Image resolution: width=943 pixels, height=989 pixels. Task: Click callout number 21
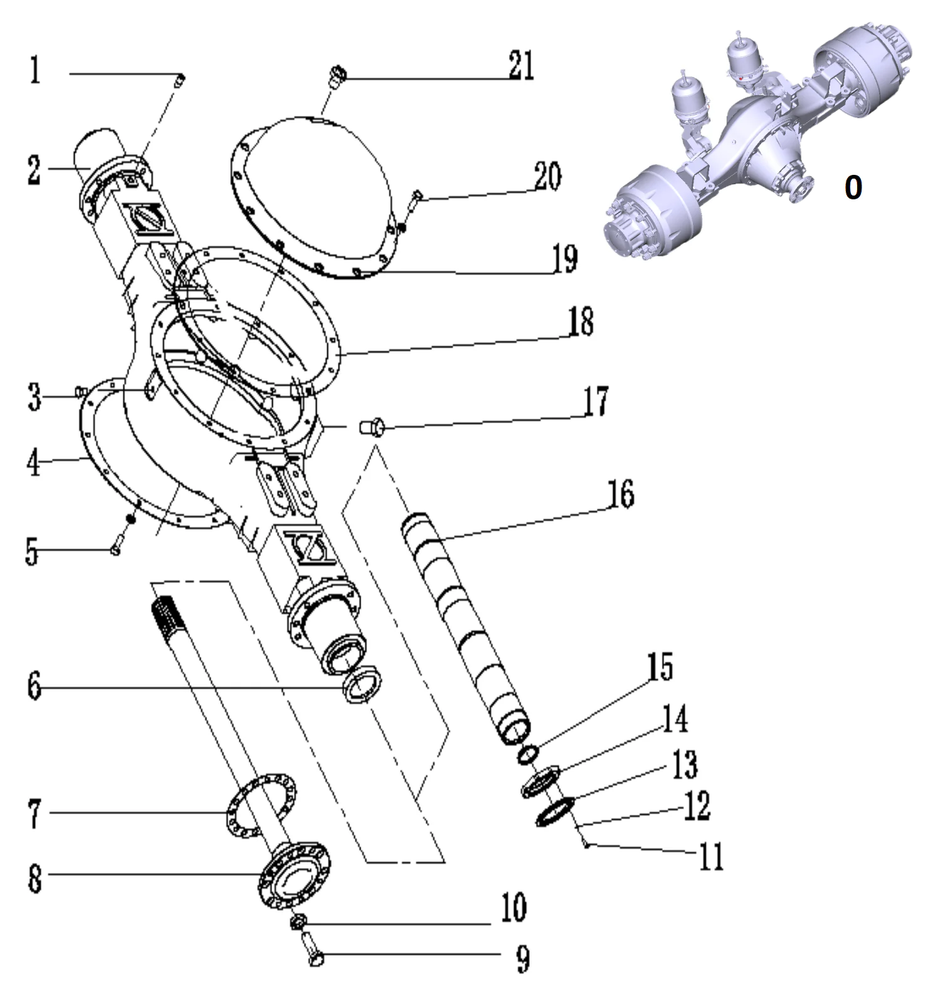point(520,66)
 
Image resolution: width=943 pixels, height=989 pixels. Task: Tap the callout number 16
point(619,494)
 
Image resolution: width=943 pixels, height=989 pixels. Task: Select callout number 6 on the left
point(34,687)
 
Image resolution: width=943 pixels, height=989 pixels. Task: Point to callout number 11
point(710,856)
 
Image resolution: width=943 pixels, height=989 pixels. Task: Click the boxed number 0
point(853,186)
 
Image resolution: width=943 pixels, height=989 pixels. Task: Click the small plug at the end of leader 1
point(180,80)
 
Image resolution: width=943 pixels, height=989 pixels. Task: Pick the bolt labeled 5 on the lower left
point(119,543)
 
